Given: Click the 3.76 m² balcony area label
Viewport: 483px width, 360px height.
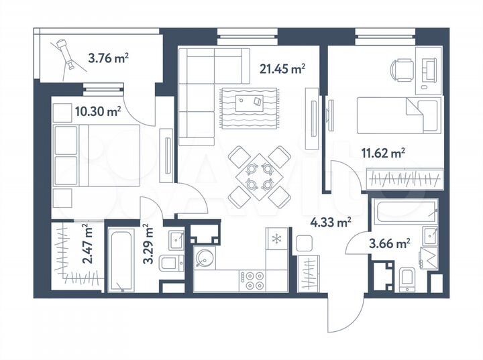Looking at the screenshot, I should click(108, 58).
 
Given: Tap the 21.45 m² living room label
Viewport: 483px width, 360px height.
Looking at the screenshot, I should click(282, 68).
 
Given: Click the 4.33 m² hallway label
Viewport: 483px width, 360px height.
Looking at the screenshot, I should click(331, 219).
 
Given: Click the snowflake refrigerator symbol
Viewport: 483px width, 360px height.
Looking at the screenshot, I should click(276, 239).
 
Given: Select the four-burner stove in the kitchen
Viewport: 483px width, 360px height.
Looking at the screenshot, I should click(254, 280).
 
